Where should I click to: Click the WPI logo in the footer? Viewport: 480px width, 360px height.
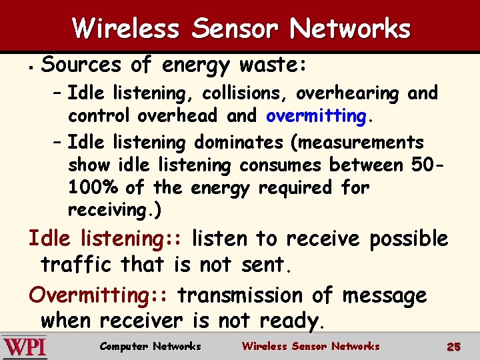tap(25, 347)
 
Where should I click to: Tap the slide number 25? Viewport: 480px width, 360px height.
tap(453, 347)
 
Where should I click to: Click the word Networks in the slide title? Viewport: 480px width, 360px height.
tap(350, 29)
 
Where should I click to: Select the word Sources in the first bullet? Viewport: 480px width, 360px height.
tap(82, 65)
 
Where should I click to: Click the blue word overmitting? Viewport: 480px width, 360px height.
tap(316, 116)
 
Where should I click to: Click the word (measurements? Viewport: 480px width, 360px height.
tap(359, 143)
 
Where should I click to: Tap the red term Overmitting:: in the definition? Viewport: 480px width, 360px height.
tap(101, 295)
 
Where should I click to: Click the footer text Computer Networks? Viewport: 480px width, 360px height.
tap(150, 346)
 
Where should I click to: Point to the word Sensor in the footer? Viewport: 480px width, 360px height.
tap(309, 346)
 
